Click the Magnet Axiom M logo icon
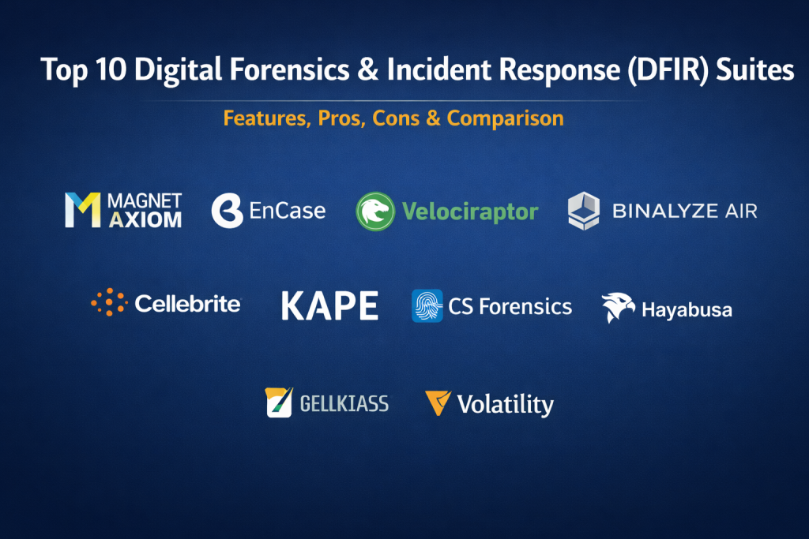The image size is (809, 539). point(82,210)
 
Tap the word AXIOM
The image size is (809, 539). point(145,220)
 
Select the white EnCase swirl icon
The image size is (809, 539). point(227,210)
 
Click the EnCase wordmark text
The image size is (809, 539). point(288,211)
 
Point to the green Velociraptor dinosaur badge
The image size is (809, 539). point(375,211)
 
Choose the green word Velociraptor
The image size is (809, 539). point(470,211)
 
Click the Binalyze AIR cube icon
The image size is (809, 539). point(584,210)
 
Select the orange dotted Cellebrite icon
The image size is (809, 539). point(109,302)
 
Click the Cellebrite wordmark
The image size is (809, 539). point(188,304)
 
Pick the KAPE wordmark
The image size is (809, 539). point(329,305)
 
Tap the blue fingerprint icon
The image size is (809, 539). point(427,305)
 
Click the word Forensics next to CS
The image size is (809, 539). point(525,307)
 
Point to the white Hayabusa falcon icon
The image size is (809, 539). point(618,307)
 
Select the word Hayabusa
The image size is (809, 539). point(687,309)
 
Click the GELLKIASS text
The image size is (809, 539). point(344,403)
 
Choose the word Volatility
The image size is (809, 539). point(506,405)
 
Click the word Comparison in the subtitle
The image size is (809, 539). point(505,118)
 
